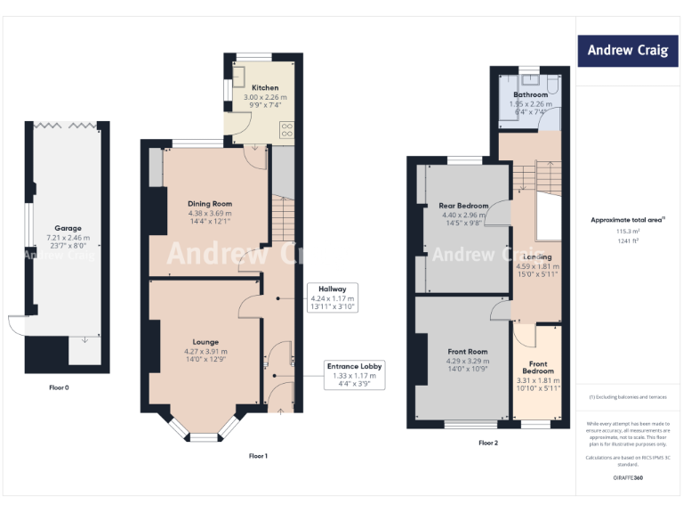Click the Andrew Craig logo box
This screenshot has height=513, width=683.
[627, 51]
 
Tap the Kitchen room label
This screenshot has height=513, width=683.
[265, 88]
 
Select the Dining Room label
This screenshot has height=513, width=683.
[210, 203]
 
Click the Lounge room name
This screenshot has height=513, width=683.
[205, 341]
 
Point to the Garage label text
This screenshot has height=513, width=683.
[68, 228]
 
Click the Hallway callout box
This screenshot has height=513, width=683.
[333, 297]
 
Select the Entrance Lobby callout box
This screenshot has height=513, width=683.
[354, 375]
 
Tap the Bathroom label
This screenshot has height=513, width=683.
[530, 94]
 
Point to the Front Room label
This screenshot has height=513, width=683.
[466, 352]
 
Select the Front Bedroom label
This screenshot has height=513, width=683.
[539, 367]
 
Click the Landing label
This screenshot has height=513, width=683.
[537, 256]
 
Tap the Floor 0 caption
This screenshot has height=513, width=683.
[60, 387]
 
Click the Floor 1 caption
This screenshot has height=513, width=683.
[258, 456]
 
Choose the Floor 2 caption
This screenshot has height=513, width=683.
[488, 443]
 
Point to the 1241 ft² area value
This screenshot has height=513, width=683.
[628, 241]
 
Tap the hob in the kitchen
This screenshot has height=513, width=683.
[287, 130]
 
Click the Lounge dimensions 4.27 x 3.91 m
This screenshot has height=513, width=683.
[205, 352]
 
